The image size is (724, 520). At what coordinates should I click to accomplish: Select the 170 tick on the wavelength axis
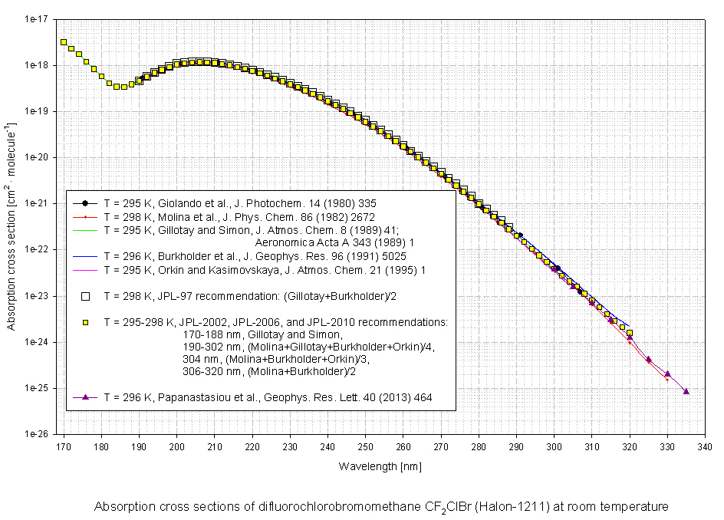click(64, 444)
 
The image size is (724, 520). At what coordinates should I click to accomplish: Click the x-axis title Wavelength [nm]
click(380, 466)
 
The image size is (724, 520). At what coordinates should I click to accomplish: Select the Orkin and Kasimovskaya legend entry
click(265, 269)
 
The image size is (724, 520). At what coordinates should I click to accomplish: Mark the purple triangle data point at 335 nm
click(686, 391)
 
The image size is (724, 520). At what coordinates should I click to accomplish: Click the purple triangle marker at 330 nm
click(667, 374)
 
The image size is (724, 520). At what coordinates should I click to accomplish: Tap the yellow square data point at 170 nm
click(64, 42)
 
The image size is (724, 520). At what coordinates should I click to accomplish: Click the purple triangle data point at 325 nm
click(648, 359)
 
